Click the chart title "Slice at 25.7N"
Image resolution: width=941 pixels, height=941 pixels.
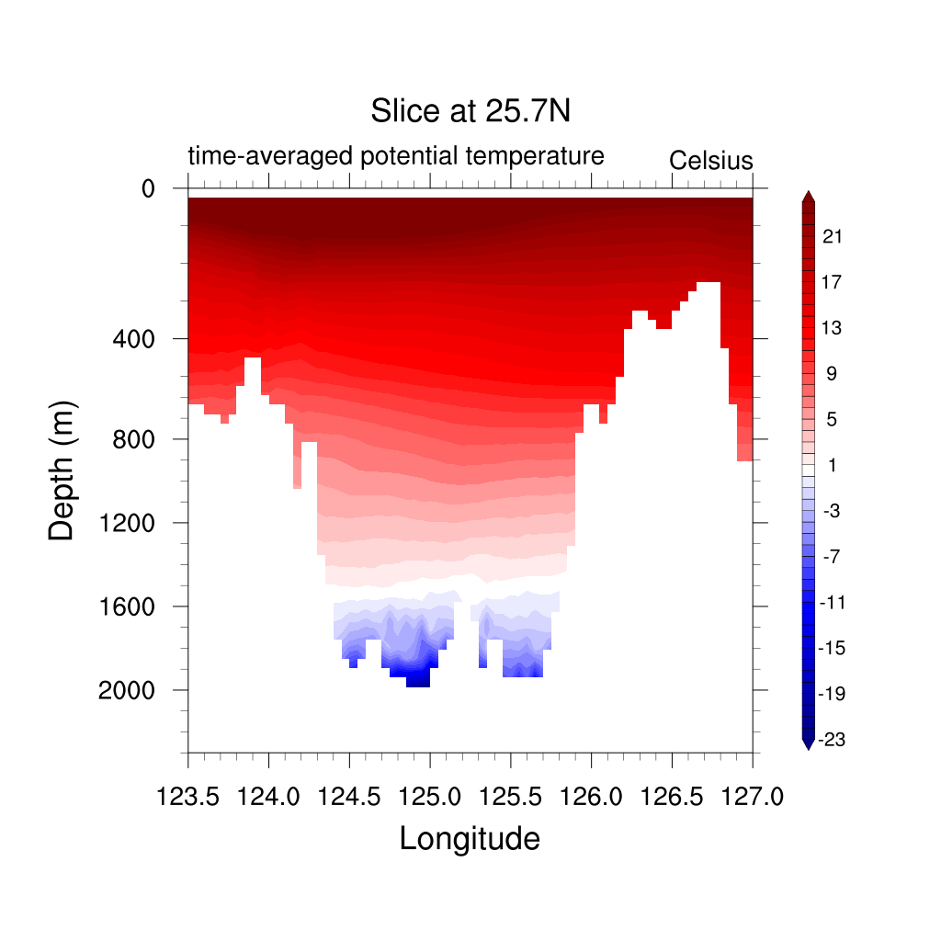(x=470, y=111)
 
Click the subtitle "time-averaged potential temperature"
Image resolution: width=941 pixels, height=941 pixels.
(x=396, y=156)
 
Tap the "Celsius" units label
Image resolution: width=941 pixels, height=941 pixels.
(x=710, y=161)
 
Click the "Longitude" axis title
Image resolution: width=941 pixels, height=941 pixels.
(x=470, y=838)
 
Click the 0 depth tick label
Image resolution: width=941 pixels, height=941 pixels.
(x=148, y=189)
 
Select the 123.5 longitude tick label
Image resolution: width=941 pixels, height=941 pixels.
(x=188, y=796)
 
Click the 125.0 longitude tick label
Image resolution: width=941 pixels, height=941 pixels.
(x=430, y=796)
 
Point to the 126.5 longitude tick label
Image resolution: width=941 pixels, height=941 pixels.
(x=672, y=796)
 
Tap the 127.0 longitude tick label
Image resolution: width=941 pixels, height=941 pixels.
(x=753, y=796)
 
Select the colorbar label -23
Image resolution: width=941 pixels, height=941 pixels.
(x=831, y=740)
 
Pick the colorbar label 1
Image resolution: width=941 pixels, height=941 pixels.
(x=832, y=465)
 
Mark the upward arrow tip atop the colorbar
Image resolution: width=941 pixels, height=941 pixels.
(x=808, y=193)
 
